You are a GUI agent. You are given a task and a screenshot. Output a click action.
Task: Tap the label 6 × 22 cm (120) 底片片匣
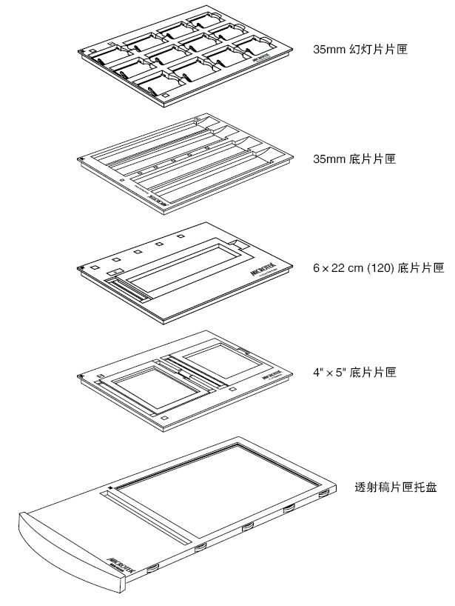click(379, 267)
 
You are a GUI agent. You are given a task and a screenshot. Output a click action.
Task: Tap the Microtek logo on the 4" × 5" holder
click(272, 376)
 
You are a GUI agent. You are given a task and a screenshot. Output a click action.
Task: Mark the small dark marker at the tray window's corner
click(109, 487)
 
